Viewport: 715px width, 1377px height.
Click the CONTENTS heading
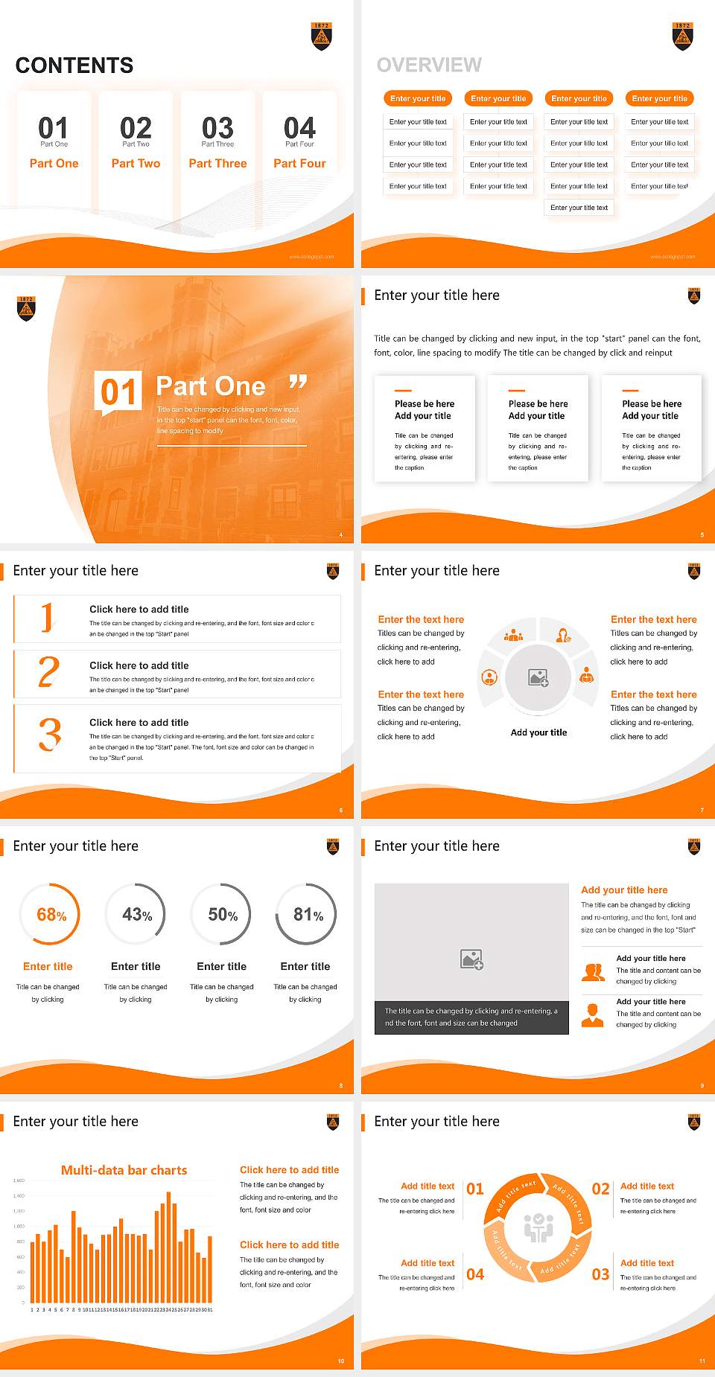point(74,66)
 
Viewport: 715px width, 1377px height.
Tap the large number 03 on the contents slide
point(217,128)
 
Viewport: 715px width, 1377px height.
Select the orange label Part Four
point(299,163)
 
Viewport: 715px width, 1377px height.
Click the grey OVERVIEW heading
point(429,66)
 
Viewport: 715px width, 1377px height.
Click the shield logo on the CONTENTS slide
point(321,36)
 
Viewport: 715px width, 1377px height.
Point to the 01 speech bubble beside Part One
point(118,392)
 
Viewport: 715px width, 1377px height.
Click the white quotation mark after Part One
point(298,383)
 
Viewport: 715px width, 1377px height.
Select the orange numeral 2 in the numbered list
point(48,672)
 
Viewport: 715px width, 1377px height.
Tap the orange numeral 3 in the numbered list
point(50,735)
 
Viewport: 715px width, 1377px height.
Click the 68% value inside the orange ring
point(51,915)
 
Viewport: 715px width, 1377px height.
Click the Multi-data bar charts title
point(124,1170)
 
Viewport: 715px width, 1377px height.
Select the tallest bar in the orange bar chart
point(168,1247)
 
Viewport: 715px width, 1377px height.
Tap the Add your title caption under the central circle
point(538,732)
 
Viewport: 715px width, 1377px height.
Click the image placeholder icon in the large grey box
point(471,959)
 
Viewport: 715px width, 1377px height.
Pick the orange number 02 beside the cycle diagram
point(600,1189)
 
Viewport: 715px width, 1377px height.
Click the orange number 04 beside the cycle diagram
point(475,1274)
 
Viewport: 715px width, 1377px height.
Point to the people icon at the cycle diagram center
point(538,1228)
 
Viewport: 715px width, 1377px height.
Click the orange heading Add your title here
point(624,889)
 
